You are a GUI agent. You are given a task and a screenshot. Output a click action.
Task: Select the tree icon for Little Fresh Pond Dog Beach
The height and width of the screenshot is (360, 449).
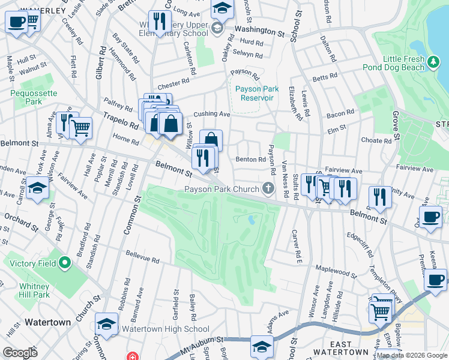pos(432,60)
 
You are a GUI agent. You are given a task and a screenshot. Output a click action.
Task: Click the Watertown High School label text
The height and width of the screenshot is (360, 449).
pos(166,329)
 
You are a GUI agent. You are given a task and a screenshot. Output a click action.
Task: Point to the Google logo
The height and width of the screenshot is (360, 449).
pos(20,353)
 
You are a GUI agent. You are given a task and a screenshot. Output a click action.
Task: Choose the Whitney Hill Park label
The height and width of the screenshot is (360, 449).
pos(34,290)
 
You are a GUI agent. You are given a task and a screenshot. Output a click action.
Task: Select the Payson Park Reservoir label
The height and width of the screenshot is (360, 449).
pos(254,93)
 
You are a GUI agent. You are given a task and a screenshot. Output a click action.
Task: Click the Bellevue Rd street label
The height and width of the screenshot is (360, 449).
pos(142,258)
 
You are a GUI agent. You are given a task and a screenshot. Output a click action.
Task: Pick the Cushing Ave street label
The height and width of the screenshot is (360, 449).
pos(211,114)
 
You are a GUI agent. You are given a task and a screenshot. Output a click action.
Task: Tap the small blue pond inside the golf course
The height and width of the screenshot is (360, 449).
pos(250,220)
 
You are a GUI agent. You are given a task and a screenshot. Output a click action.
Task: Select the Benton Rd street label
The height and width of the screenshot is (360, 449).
pos(250,160)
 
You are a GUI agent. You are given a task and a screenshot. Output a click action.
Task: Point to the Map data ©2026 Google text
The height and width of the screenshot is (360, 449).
pos(412,355)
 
